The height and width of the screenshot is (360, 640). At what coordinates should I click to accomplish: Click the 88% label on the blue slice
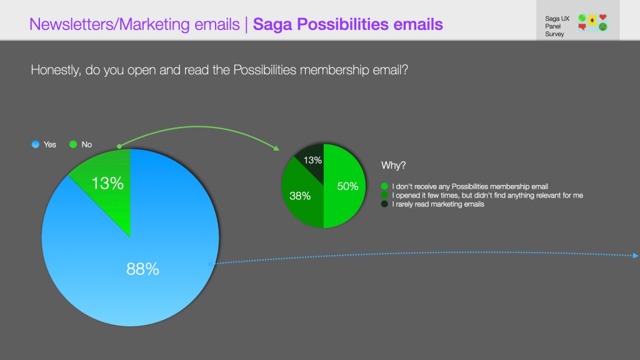(142, 269)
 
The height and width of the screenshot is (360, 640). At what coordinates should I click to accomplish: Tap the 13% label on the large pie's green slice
(107, 183)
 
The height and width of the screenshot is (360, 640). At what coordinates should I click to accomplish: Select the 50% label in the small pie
(347, 186)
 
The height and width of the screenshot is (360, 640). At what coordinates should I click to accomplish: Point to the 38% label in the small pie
(300, 196)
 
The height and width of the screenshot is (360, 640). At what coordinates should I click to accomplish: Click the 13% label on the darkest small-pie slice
(312, 161)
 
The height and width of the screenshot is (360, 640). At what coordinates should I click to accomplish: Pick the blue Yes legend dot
(36, 144)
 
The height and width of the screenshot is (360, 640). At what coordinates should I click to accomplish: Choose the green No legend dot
(73, 144)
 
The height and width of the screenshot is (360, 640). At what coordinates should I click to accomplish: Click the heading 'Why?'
(394, 165)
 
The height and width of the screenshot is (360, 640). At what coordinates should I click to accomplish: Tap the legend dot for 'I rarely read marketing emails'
(384, 204)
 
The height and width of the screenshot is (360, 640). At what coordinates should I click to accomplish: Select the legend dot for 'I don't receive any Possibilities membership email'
(384, 186)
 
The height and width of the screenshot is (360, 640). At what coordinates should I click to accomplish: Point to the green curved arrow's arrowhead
(276, 147)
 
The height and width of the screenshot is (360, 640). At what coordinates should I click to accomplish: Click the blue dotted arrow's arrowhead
(636, 256)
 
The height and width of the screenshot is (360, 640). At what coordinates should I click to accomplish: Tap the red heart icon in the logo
(603, 17)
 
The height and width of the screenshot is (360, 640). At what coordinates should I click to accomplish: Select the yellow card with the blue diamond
(592, 20)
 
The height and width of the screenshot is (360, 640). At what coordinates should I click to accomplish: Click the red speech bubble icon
(582, 27)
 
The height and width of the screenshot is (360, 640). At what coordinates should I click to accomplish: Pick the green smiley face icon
(603, 27)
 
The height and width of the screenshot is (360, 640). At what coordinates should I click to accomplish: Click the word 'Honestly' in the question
(56, 70)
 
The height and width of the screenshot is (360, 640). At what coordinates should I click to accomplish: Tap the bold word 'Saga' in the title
(273, 24)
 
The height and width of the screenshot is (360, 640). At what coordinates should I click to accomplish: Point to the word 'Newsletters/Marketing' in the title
(109, 24)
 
